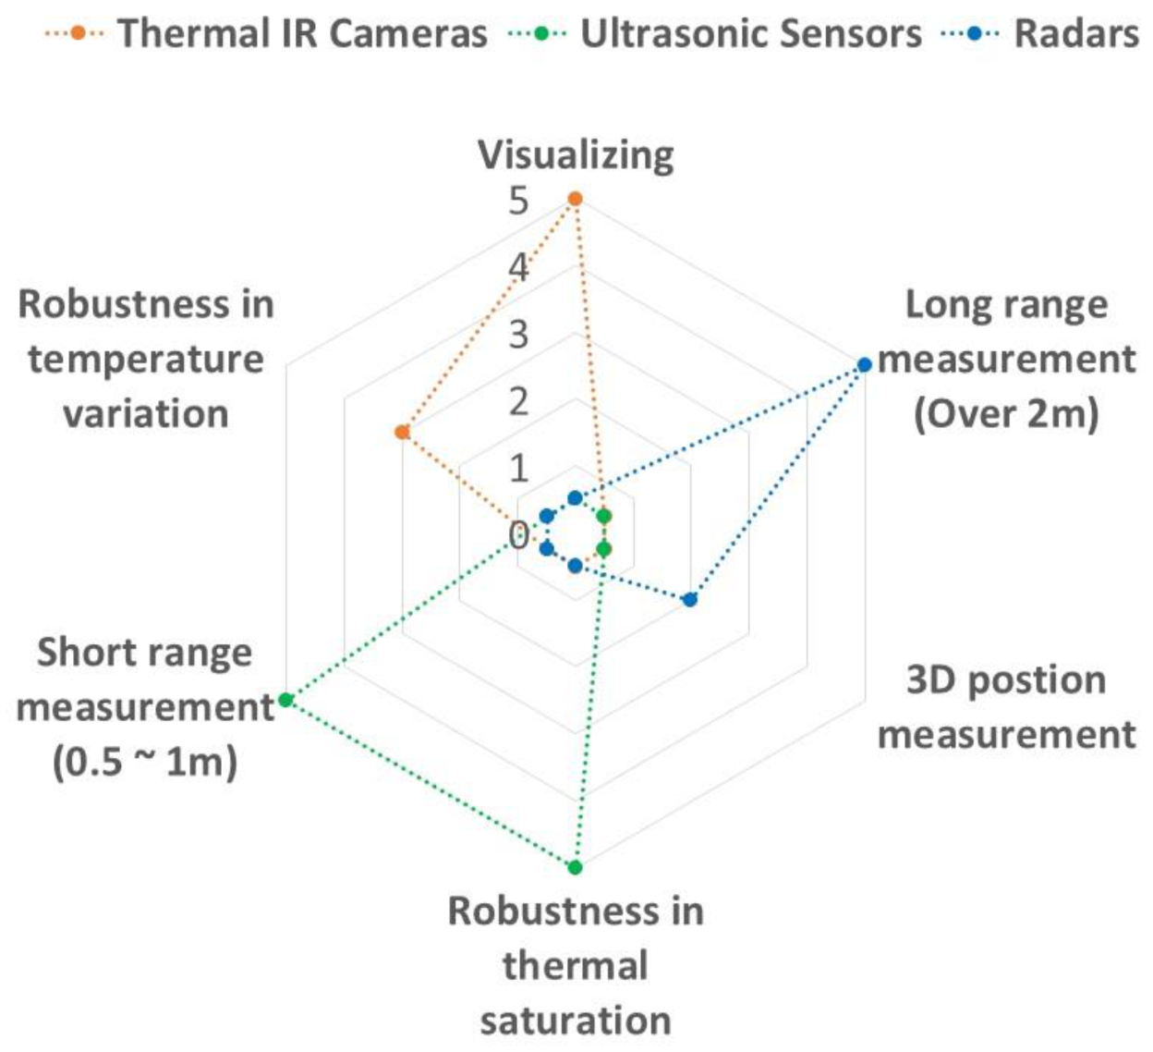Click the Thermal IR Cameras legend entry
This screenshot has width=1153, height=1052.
267,33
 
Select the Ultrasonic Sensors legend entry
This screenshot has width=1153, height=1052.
715,33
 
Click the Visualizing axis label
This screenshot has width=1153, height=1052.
576,154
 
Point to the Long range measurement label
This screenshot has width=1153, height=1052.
1006,359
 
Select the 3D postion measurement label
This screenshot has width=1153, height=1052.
1006,707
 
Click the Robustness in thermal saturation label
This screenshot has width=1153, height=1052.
576,965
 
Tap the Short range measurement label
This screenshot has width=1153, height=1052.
145,707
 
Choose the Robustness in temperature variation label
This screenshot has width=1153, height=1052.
145,359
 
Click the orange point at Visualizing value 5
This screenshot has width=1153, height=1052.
575,199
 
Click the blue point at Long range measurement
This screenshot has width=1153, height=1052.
864,365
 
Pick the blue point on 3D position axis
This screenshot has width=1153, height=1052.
690,600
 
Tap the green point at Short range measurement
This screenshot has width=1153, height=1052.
286,700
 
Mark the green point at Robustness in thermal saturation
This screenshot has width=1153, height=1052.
575,867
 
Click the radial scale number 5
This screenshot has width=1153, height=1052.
518,201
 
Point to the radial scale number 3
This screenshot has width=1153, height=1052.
518,335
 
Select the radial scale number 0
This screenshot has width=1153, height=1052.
518,534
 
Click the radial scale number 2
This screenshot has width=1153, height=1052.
518,401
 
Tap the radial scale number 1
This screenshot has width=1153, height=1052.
518,468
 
